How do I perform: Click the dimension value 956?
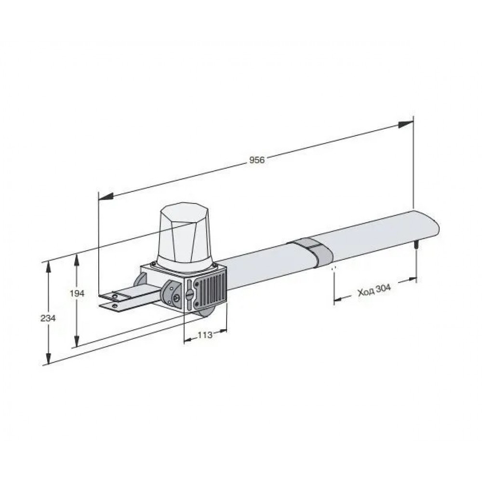(257, 160)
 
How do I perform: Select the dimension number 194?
(77, 294)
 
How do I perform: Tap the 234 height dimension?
(48, 318)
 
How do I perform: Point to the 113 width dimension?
(205, 335)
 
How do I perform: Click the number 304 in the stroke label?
(383, 289)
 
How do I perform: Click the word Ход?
(366, 293)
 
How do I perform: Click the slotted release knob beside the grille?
(189, 294)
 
